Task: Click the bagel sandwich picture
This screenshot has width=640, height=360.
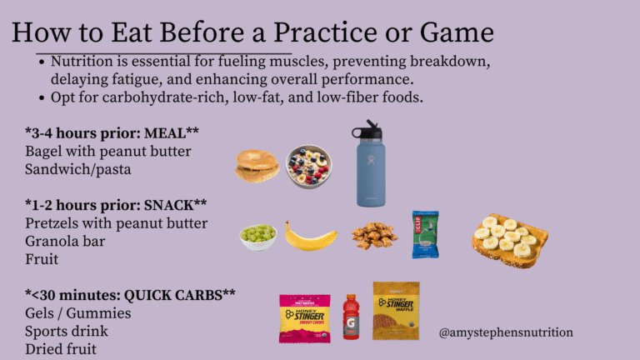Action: tap(257, 166)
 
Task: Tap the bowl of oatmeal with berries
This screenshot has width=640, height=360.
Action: tap(308, 167)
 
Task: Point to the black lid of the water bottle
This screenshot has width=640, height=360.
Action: tap(367, 130)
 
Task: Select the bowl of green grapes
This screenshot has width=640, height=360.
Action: tap(258, 237)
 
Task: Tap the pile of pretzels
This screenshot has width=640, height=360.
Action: tap(375, 235)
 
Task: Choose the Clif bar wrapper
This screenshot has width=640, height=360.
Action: tap(425, 234)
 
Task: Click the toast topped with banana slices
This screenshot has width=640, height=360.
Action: tap(509, 240)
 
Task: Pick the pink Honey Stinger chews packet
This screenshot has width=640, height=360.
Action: tap(305, 319)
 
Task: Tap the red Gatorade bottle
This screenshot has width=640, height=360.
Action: tap(351, 317)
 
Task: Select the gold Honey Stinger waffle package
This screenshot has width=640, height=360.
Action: tap(396, 311)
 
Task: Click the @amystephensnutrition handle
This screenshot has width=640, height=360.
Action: tap(506, 332)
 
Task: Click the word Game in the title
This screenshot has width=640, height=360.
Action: tap(457, 32)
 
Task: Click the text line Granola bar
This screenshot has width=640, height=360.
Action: tap(65, 241)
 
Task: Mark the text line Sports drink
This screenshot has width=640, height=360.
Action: tap(67, 332)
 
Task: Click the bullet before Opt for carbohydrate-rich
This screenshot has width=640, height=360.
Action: tap(42, 98)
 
